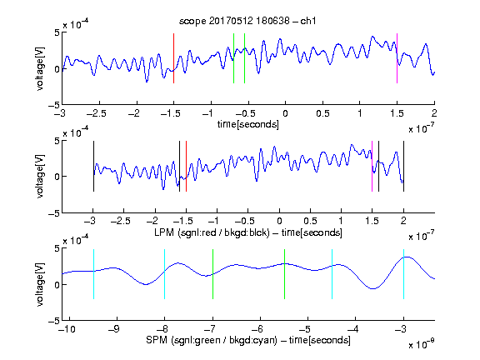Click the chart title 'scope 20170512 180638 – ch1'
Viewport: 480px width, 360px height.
[x=247, y=21]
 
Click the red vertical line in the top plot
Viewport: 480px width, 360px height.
[x=173, y=58]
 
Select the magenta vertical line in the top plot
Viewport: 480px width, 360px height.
[x=397, y=58]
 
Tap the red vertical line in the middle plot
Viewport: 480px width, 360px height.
[x=186, y=166]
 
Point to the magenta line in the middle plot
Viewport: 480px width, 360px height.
[x=372, y=166]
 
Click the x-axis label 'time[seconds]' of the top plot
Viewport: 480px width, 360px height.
[x=248, y=125]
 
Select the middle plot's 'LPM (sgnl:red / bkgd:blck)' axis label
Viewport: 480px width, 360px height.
[x=212, y=232]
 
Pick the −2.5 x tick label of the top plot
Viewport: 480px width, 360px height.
[x=96, y=114]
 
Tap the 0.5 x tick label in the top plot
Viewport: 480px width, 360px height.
[x=322, y=114]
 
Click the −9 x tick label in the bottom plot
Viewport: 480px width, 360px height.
[x=114, y=329]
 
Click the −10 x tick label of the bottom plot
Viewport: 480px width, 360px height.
[x=67, y=329]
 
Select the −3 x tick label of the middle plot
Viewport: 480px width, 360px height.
[x=90, y=221]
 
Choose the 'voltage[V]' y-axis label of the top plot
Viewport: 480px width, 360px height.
[x=40, y=69]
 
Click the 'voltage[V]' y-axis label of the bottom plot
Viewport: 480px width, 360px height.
[x=40, y=285]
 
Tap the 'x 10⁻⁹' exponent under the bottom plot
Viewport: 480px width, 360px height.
[x=422, y=344]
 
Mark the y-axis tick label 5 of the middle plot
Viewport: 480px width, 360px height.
[x=57, y=141]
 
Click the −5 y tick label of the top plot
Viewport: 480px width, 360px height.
[x=54, y=105]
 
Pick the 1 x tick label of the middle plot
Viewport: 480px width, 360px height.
[x=341, y=221]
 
